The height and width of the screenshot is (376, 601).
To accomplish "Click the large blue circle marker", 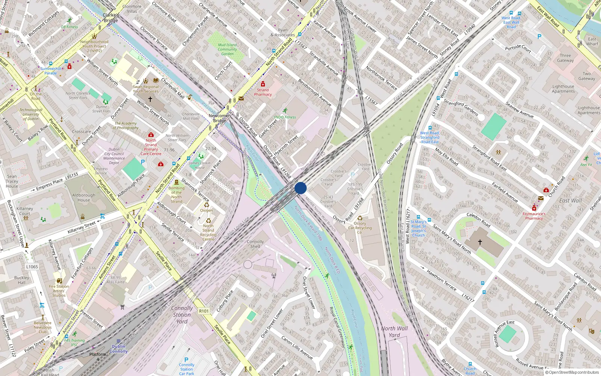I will (300, 188).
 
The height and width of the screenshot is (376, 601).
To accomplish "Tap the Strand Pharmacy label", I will (263, 92).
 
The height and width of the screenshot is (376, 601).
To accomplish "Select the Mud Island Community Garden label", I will (227, 49).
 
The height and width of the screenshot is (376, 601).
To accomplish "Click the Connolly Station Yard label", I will (182, 315).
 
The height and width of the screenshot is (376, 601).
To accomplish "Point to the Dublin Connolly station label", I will (119, 349).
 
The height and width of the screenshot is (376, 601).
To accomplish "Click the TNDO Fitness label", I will (284, 117).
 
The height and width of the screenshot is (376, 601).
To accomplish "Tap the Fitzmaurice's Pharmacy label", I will (534, 216).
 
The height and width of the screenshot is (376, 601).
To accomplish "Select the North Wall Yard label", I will (394, 332).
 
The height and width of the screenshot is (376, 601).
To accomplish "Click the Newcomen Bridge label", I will (220, 118).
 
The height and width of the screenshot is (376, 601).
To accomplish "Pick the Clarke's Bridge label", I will (111, 18).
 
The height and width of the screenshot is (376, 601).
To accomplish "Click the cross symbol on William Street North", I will (150, 99).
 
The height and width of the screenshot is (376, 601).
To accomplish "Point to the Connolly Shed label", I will (255, 244).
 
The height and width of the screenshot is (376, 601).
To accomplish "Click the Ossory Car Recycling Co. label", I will (360, 228).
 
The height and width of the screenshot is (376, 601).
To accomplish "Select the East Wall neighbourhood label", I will (570, 201).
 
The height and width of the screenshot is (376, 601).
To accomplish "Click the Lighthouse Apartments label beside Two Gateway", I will (563, 89).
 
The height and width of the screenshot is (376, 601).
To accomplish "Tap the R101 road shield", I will (204, 311).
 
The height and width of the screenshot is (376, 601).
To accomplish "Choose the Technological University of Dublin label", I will (31, 114).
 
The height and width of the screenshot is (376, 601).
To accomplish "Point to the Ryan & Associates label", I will (282, 32).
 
